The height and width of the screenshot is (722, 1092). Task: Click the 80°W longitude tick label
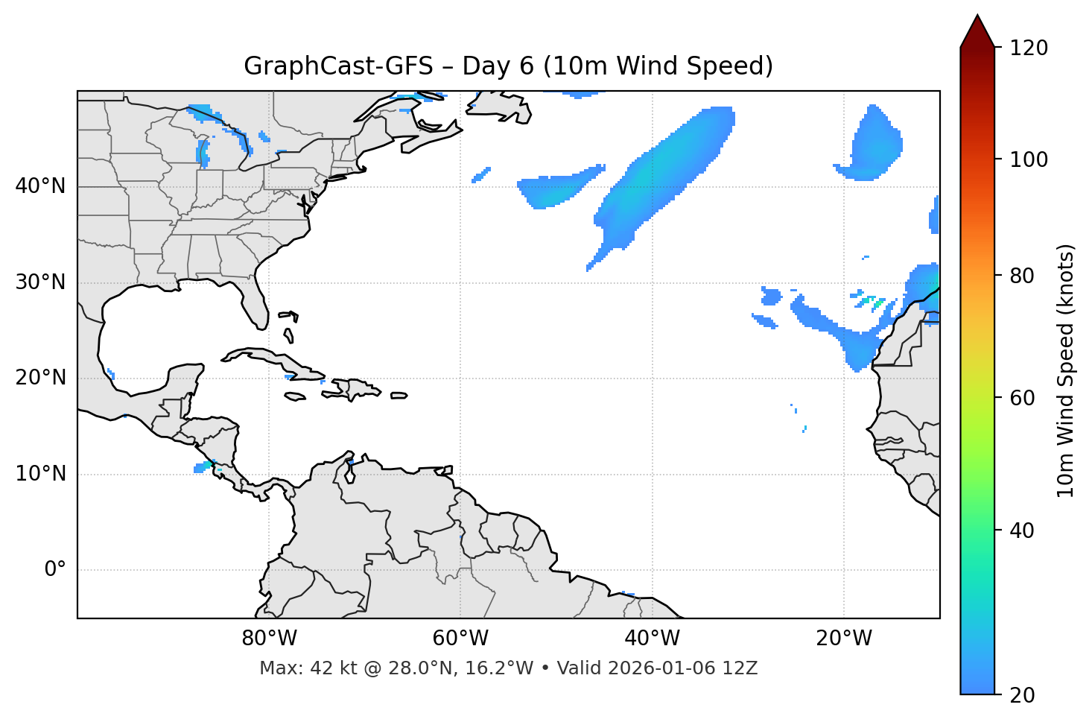coord(269,639)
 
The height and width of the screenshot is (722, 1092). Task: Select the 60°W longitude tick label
coord(460,639)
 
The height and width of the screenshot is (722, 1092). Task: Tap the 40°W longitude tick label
coord(652,639)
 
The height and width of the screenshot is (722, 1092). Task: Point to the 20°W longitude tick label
coord(843,639)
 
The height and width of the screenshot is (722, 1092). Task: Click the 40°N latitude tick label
coord(40,186)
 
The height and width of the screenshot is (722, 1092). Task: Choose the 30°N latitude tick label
coord(40,282)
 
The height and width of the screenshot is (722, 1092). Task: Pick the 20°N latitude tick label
coord(40,378)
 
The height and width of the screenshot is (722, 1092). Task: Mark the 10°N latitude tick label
coord(40,474)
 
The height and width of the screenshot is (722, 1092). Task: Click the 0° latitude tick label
coord(55,570)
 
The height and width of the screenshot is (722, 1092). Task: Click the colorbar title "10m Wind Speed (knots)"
coord(1066,371)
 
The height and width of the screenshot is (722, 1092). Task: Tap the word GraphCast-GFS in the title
coord(338,66)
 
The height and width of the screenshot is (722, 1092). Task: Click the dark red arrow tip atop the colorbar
coord(977,30)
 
